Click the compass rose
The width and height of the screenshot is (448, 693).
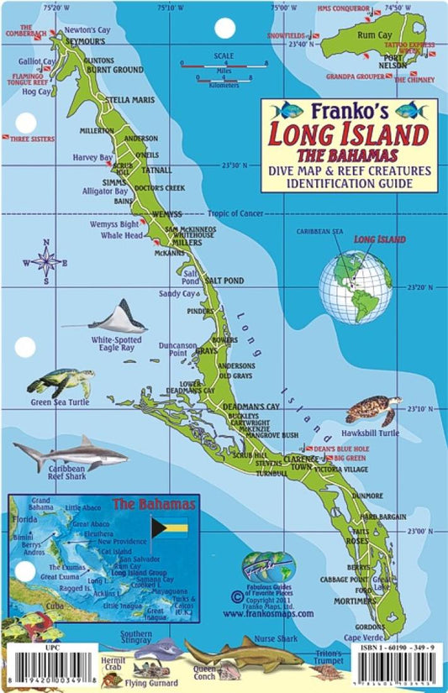47,261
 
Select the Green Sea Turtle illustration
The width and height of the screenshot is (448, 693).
59,382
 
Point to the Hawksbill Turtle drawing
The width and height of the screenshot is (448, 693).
372,410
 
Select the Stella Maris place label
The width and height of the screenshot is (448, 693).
130,99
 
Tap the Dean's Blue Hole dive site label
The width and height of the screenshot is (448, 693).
341,449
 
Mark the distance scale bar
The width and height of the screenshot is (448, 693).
223,71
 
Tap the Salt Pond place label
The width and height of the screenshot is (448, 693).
224,279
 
